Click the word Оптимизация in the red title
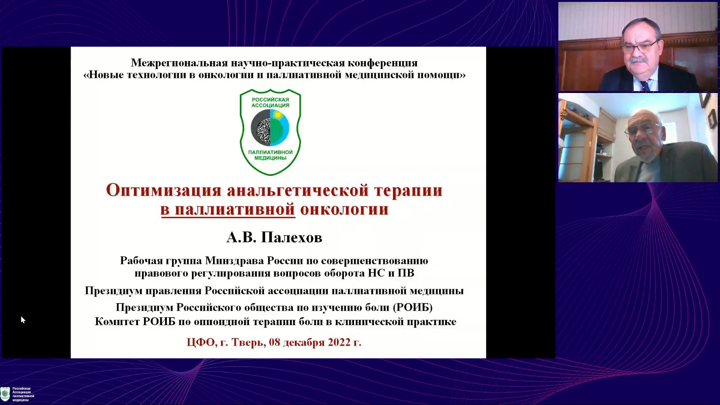click(164, 190)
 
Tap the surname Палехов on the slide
click(292, 237)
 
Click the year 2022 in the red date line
click(339, 342)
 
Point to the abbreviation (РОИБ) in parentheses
click(412, 307)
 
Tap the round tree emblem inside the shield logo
click(270, 128)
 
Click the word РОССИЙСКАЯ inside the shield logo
click(270, 99)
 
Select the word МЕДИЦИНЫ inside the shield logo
click(270, 158)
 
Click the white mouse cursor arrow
click(23, 320)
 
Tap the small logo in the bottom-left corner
click(5, 394)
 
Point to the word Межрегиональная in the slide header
click(179, 63)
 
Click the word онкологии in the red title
click(344, 210)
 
